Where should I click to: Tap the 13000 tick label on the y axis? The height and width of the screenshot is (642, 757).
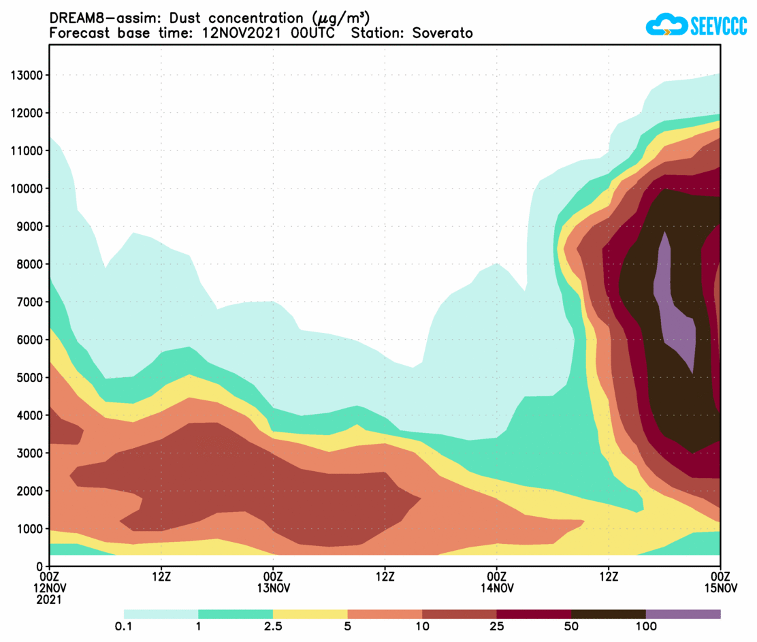(26, 75)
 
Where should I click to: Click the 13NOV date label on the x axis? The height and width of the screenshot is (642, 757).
(273, 588)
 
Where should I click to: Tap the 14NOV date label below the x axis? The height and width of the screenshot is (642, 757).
(497, 588)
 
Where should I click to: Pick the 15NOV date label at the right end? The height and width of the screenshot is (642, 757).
(720, 588)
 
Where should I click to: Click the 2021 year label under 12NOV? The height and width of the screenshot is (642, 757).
(49, 600)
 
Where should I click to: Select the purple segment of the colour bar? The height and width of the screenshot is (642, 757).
(683, 614)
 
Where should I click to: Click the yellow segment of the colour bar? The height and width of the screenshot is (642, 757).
(310, 614)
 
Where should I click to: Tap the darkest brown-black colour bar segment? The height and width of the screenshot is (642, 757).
(608, 614)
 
